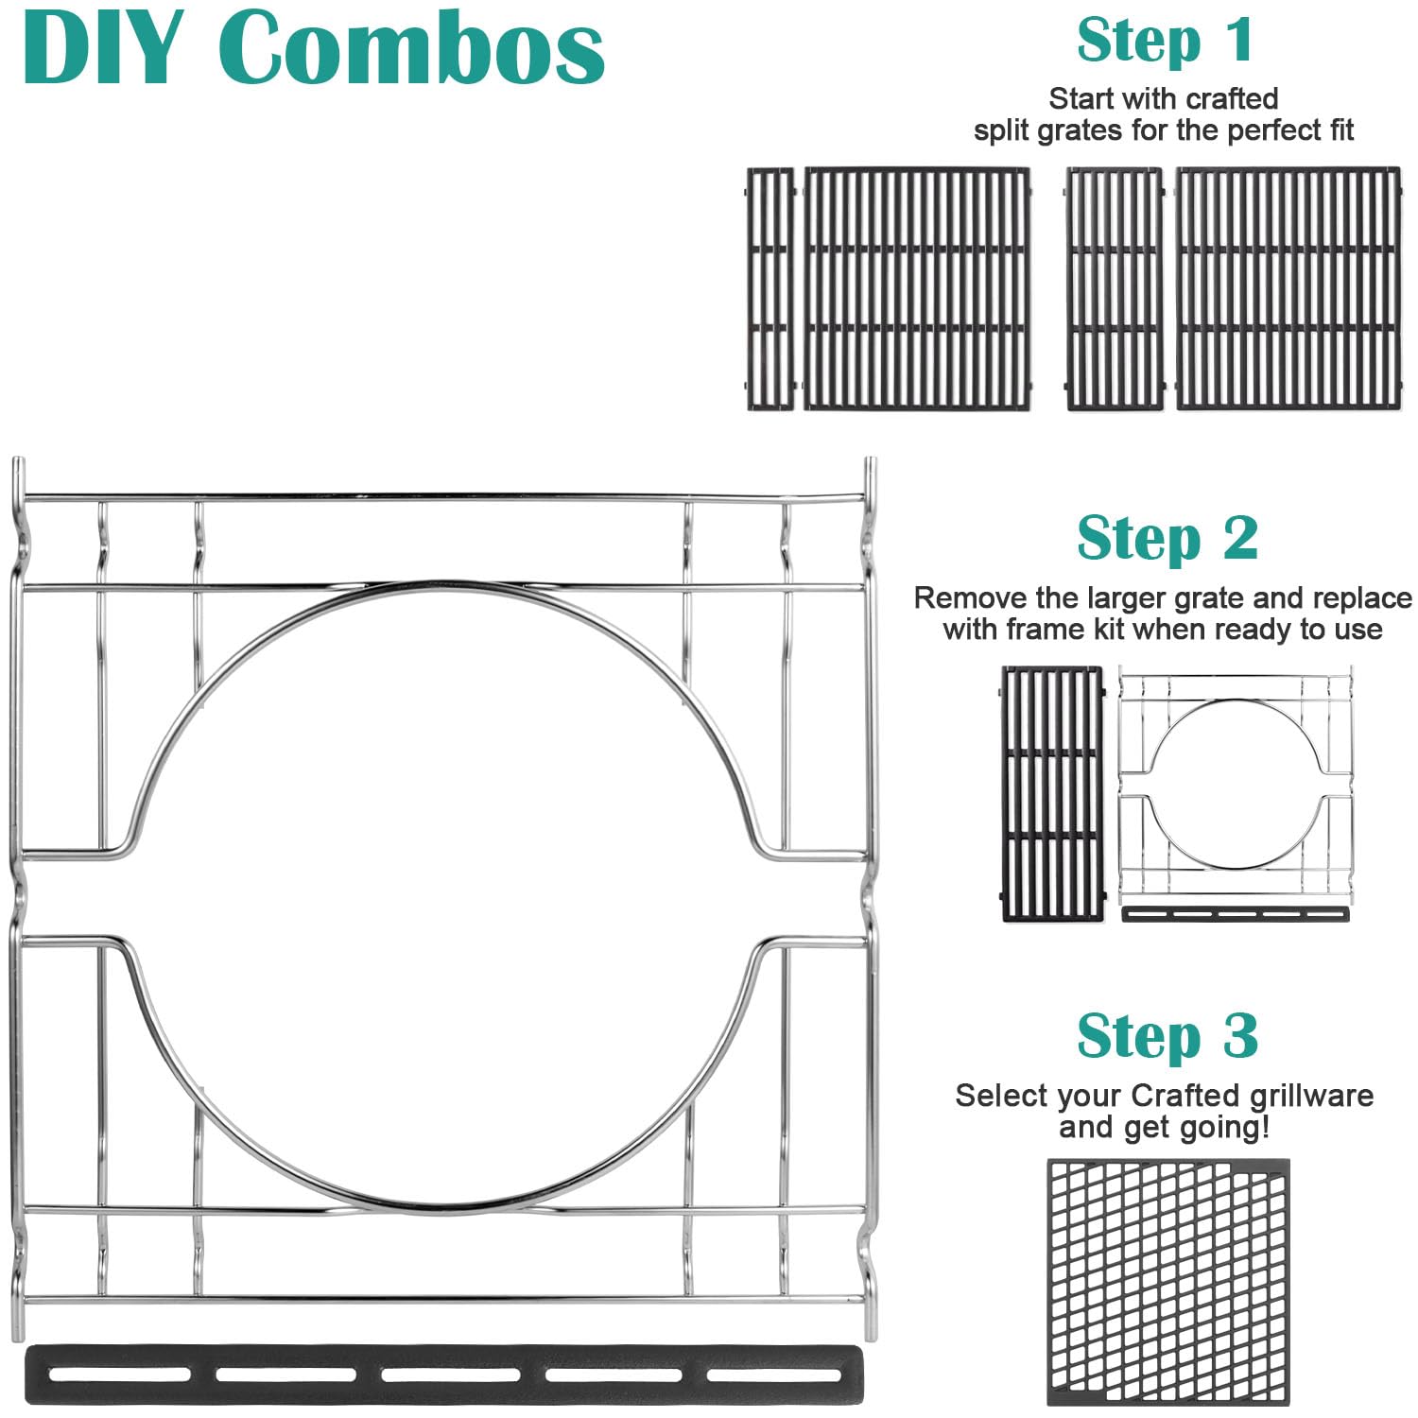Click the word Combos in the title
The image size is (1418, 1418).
[x=416, y=47]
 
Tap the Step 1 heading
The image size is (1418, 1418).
[x=1166, y=41]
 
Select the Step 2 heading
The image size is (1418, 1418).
[x=1167, y=539]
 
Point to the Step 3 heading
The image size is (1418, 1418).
[x=1167, y=1036]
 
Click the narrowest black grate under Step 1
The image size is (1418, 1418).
[x=770, y=289]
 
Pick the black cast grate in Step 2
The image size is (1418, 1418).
[x=1051, y=794]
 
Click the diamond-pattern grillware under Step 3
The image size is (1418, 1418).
[x=1168, y=1282]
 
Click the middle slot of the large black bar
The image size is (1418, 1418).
[x=451, y=1375]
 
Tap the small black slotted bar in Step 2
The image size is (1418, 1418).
[x=1235, y=914]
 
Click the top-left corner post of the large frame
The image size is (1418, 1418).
[x=18, y=482]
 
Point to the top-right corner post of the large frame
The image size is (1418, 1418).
[x=871, y=482]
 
